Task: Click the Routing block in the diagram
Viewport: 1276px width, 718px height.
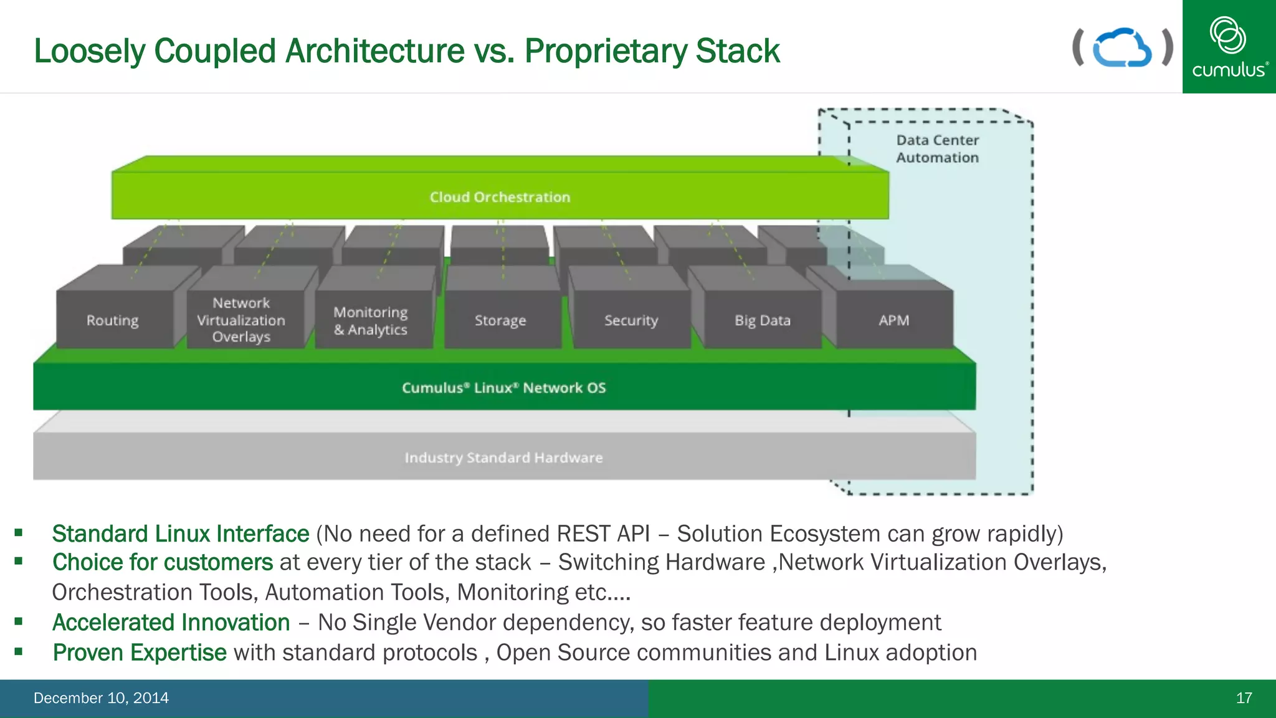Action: coord(113,320)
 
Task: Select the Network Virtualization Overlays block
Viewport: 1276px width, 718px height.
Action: coord(241,320)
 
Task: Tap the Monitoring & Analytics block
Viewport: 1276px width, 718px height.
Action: coord(371,320)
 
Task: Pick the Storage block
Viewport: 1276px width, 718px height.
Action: coord(500,320)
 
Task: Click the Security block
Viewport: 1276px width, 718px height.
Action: coord(631,320)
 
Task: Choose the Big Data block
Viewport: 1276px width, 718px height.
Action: coord(762,320)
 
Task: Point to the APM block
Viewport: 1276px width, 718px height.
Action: coord(893,320)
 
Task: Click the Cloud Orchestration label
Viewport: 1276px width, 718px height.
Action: coord(500,197)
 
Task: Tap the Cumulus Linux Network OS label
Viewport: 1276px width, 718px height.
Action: coord(503,388)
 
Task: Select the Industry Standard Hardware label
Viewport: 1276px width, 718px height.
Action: coord(503,457)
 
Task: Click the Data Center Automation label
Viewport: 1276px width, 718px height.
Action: coord(937,149)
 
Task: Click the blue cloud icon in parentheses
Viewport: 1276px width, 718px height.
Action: coord(1122,48)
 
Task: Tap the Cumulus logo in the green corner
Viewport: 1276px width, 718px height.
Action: coord(1229,47)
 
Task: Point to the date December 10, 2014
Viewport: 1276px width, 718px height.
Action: coord(101,698)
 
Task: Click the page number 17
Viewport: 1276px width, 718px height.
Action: coord(1244,698)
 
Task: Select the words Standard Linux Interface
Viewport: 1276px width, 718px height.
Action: coord(181,534)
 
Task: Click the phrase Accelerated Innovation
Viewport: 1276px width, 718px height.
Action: coord(171,623)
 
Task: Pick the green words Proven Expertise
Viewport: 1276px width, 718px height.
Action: coord(140,653)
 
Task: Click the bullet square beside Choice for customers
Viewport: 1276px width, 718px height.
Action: coord(19,561)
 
